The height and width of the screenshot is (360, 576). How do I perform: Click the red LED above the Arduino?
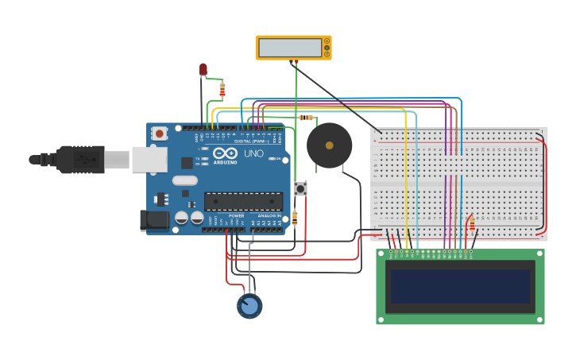tap(203, 70)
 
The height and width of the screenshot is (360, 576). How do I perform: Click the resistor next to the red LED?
tap(222, 90)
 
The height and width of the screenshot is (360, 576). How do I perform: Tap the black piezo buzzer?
tap(329, 145)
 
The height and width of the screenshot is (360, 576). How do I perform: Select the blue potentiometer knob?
tap(249, 306)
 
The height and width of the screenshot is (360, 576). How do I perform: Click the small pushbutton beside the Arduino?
tap(300, 188)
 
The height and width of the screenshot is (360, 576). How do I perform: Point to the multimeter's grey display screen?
tap(290, 48)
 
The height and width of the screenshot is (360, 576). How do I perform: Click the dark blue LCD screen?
tap(460, 286)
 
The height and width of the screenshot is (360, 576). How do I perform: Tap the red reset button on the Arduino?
tap(160, 134)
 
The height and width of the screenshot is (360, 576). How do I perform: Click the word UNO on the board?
tap(253, 153)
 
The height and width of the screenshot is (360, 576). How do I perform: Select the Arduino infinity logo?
tap(225, 153)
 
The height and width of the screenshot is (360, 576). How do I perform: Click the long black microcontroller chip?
tap(243, 201)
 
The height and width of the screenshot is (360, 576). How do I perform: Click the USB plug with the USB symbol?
tap(80, 159)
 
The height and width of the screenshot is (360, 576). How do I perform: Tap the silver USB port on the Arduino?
tap(149, 159)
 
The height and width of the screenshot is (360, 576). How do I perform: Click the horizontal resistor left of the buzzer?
tap(306, 118)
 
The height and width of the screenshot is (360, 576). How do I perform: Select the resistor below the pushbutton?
tap(295, 217)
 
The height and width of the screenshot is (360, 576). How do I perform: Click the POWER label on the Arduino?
tap(237, 215)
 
